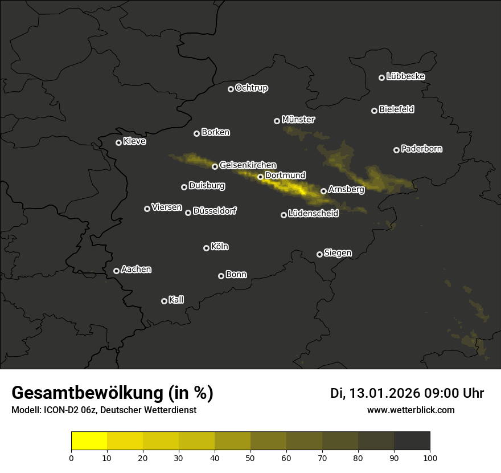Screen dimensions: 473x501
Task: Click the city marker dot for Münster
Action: point(277,121)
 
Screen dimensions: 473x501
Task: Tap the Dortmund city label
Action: point(285,176)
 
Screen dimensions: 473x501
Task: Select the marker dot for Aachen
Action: point(117,271)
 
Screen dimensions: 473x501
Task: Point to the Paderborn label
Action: point(421,149)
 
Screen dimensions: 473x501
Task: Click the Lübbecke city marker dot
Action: point(382,78)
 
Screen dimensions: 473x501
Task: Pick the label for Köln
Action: point(220,247)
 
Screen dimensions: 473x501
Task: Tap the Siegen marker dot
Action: point(320,254)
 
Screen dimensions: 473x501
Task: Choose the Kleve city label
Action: point(134,141)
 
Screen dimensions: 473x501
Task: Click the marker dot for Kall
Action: point(165,301)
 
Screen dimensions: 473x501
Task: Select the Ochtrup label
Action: point(251,88)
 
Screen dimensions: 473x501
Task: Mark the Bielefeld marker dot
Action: point(375,111)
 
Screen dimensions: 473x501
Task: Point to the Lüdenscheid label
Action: point(313,214)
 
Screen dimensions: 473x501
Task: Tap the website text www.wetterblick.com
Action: point(410,410)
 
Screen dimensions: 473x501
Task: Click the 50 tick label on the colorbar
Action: point(250,457)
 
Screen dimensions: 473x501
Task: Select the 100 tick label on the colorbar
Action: point(430,457)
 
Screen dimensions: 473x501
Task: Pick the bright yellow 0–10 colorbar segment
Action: point(89,441)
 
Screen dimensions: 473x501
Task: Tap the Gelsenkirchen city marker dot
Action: point(215,166)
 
